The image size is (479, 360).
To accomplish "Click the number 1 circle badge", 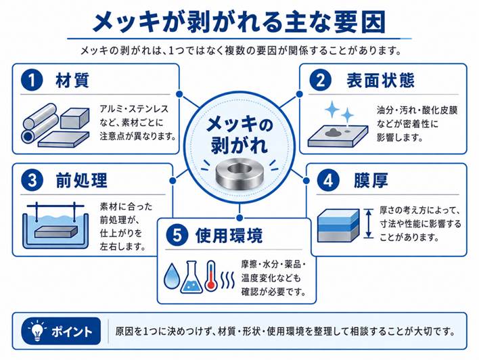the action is tap(32, 81).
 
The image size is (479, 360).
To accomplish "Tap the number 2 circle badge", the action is tap(321, 81).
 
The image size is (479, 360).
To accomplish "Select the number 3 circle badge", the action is tap(32, 180).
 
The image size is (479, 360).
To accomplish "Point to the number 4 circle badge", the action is tap(327, 180).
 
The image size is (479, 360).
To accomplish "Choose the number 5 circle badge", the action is tap(177, 235).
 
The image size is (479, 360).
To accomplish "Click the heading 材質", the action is tap(72, 81).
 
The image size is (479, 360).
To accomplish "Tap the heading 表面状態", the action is tap(380, 81).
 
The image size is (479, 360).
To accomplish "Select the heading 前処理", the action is tap(82, 180).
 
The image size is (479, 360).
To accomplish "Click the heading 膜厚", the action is tap(371, 180).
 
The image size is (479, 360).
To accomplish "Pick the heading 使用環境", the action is tap(229, 235).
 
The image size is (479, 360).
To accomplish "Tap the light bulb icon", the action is tap(37, 331).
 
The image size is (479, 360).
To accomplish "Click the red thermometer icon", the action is tap(211, 275).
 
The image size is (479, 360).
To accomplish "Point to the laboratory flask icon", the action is tap(191, 277).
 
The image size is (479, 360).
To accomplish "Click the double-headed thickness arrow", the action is tap(369, 223).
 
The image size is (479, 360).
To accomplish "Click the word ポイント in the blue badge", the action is tap(72, 332).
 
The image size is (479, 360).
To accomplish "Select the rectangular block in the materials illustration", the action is tap(74, 118).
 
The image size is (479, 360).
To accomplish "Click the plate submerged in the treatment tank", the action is tap(56, 231).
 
